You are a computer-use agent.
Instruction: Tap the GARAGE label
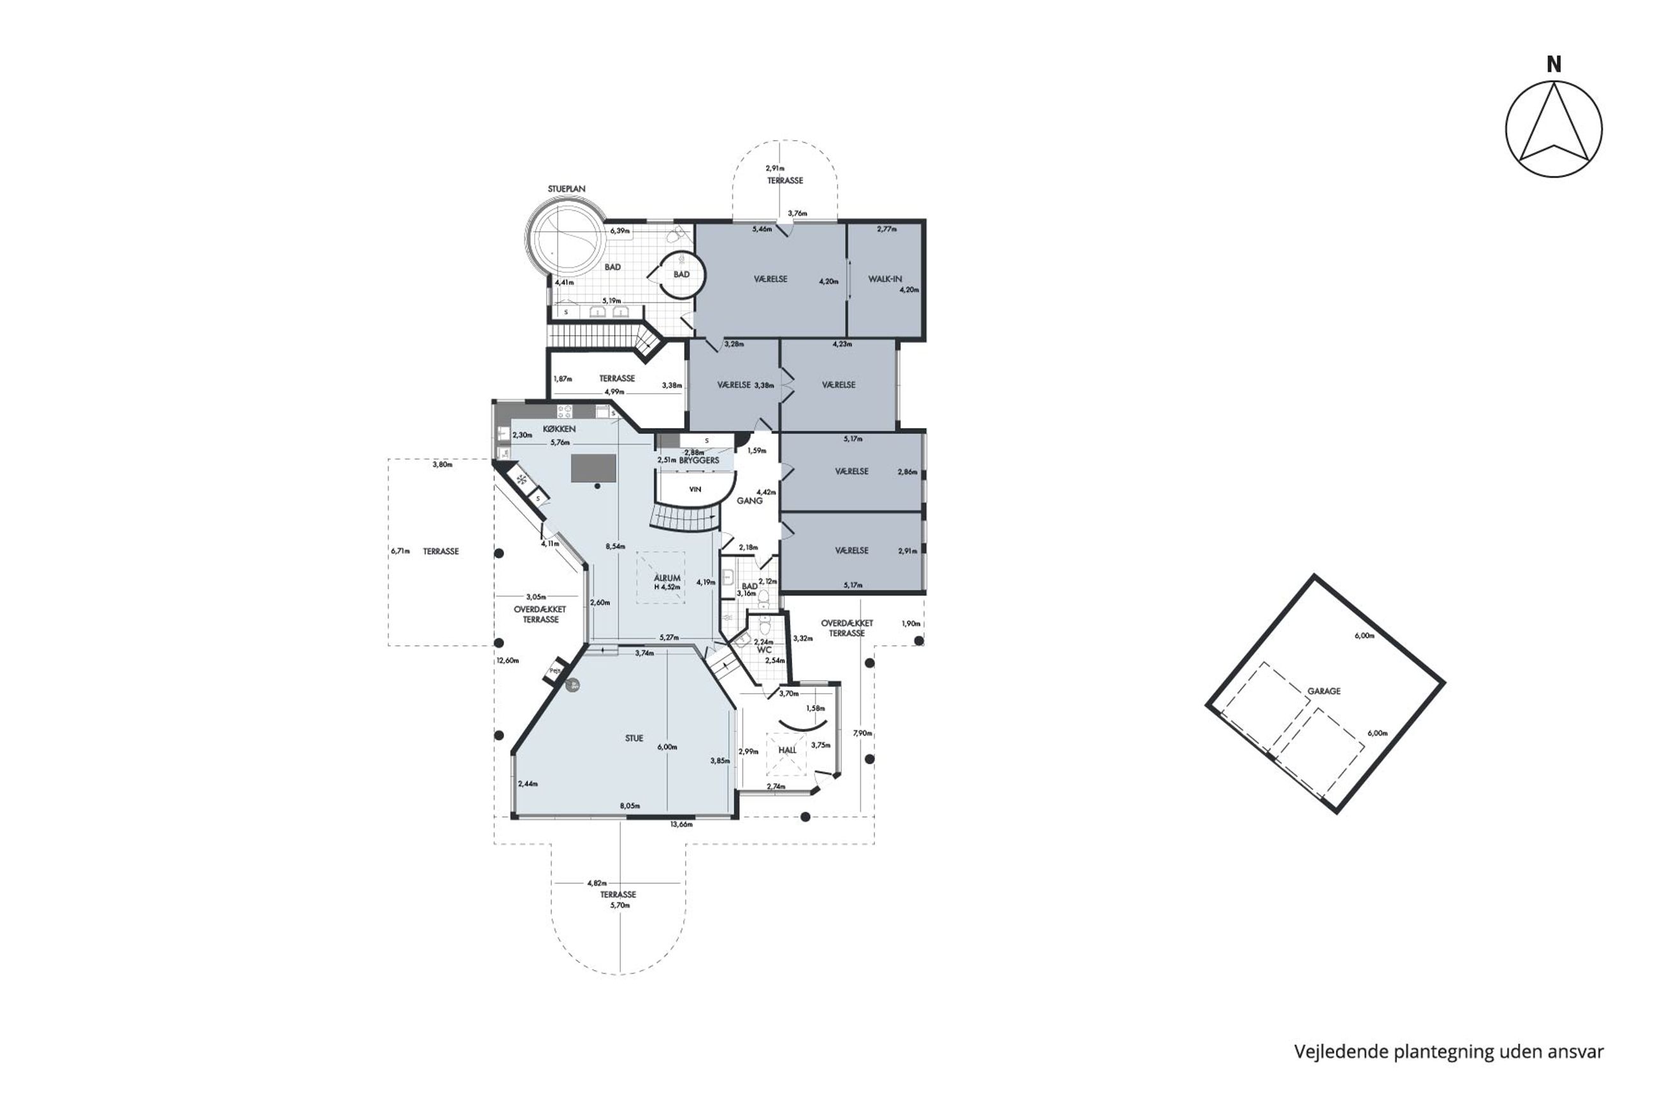(1323, 691)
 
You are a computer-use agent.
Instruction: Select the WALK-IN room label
(885, 280)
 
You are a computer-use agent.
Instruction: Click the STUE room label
(633, 738)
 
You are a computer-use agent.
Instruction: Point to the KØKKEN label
(559, 429)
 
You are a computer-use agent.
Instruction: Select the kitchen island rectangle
(593, 468)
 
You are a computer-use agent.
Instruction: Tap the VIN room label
(695, 489)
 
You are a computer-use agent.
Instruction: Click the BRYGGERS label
(699, 461)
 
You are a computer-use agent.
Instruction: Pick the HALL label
(787, 750)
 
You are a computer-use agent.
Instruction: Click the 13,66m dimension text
(681, 824)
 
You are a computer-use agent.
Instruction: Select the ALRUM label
(667, 578)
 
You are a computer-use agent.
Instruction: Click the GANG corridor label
(749, 501)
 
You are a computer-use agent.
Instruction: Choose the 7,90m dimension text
(862, 733)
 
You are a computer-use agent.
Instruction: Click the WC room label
(764, 650)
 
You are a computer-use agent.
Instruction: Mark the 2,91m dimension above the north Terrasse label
(774, 168)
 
